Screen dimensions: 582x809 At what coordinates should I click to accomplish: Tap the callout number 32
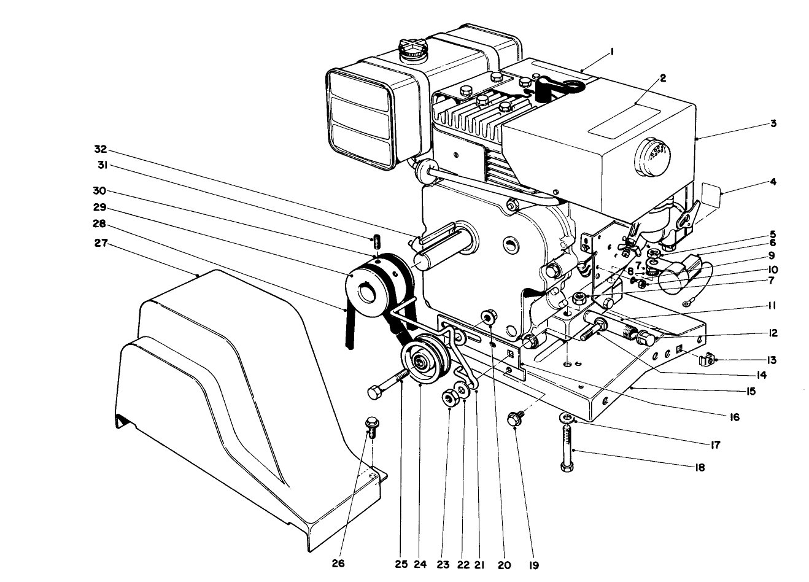101,149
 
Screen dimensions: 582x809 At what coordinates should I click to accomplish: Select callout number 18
700,467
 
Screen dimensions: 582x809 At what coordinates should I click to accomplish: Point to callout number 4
773,182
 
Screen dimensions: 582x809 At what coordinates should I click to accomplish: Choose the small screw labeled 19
514,419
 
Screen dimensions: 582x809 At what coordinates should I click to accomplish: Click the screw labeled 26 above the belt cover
371,424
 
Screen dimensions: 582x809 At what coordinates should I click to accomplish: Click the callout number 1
611,53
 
